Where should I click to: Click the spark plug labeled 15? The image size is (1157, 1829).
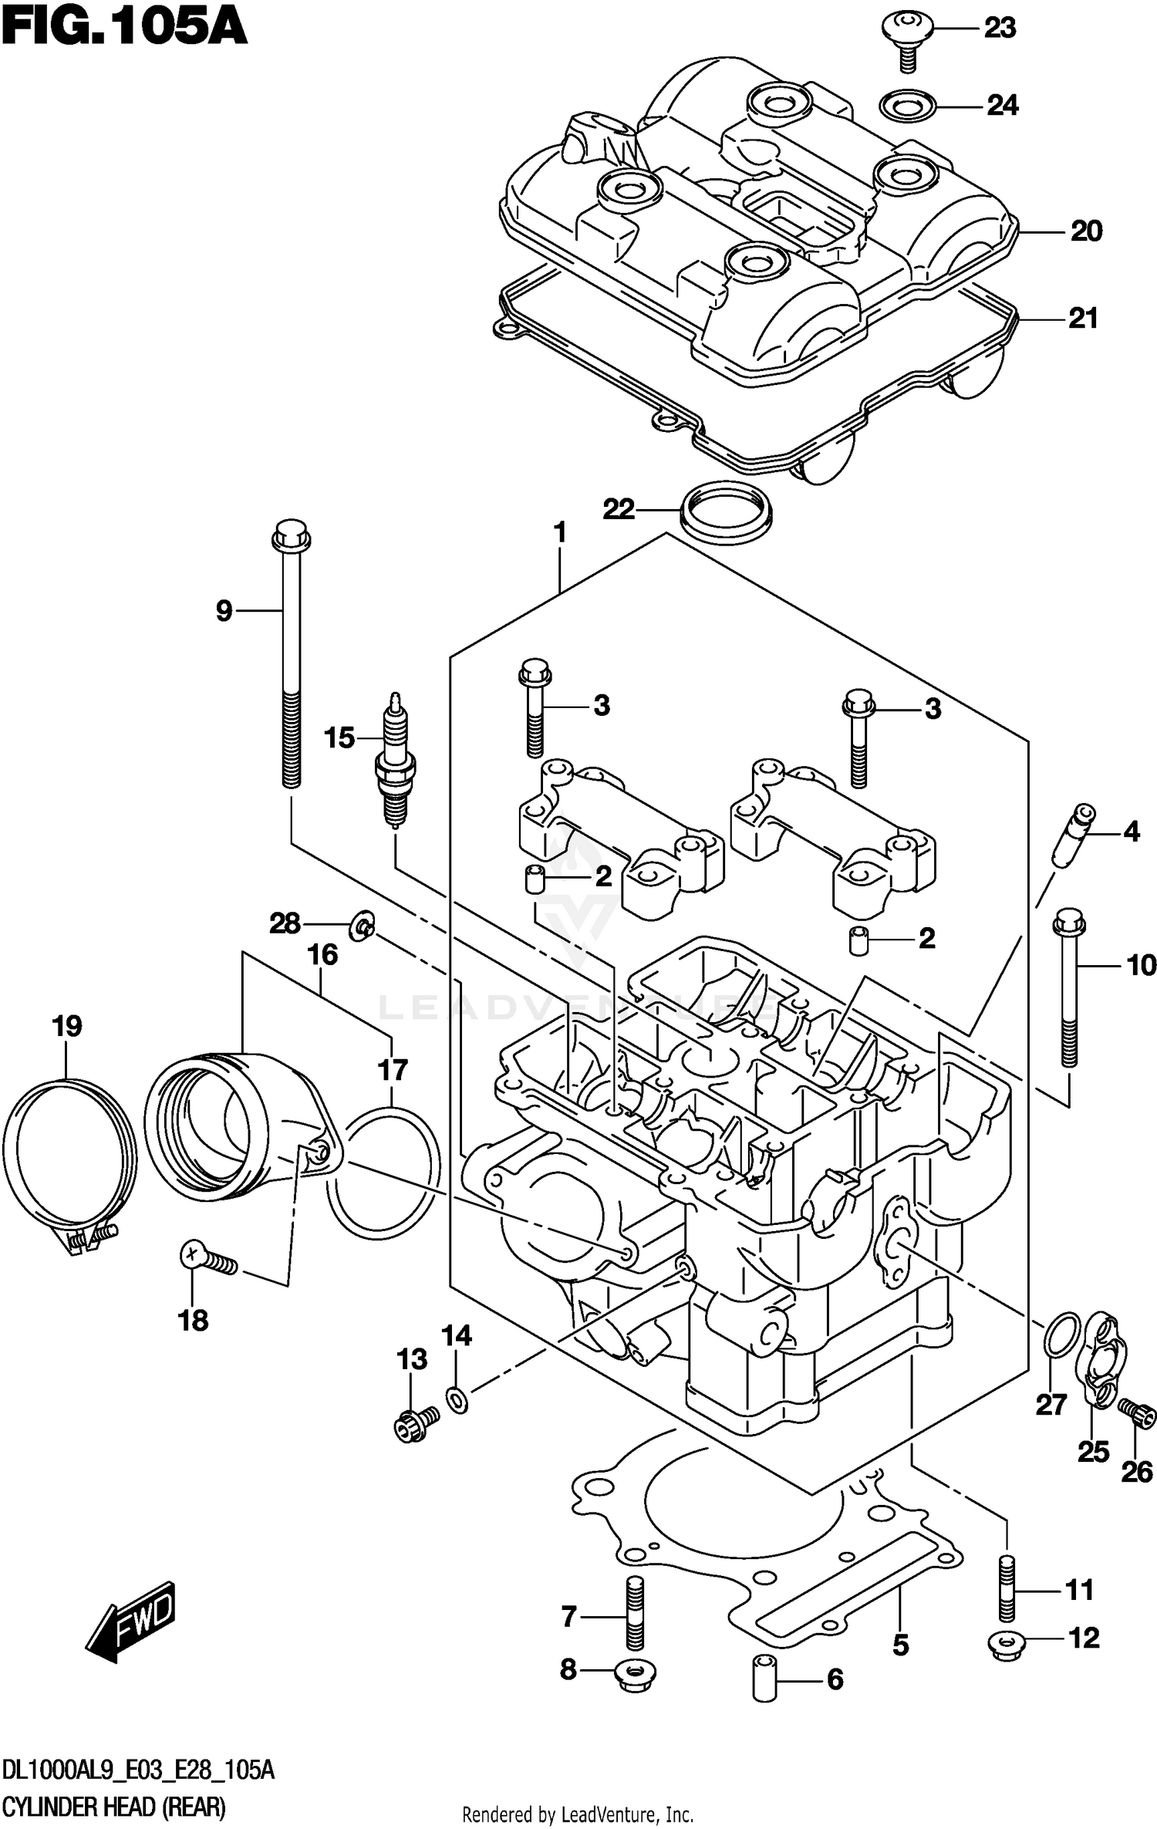tap(394, 762)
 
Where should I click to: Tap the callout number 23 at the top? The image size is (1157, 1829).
tap(1000, 29)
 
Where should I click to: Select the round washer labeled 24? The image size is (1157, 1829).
tap(909, 106)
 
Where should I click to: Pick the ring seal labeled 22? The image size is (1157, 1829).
tap(726, 511)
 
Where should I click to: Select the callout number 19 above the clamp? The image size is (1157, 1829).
tap(67, 1026)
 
